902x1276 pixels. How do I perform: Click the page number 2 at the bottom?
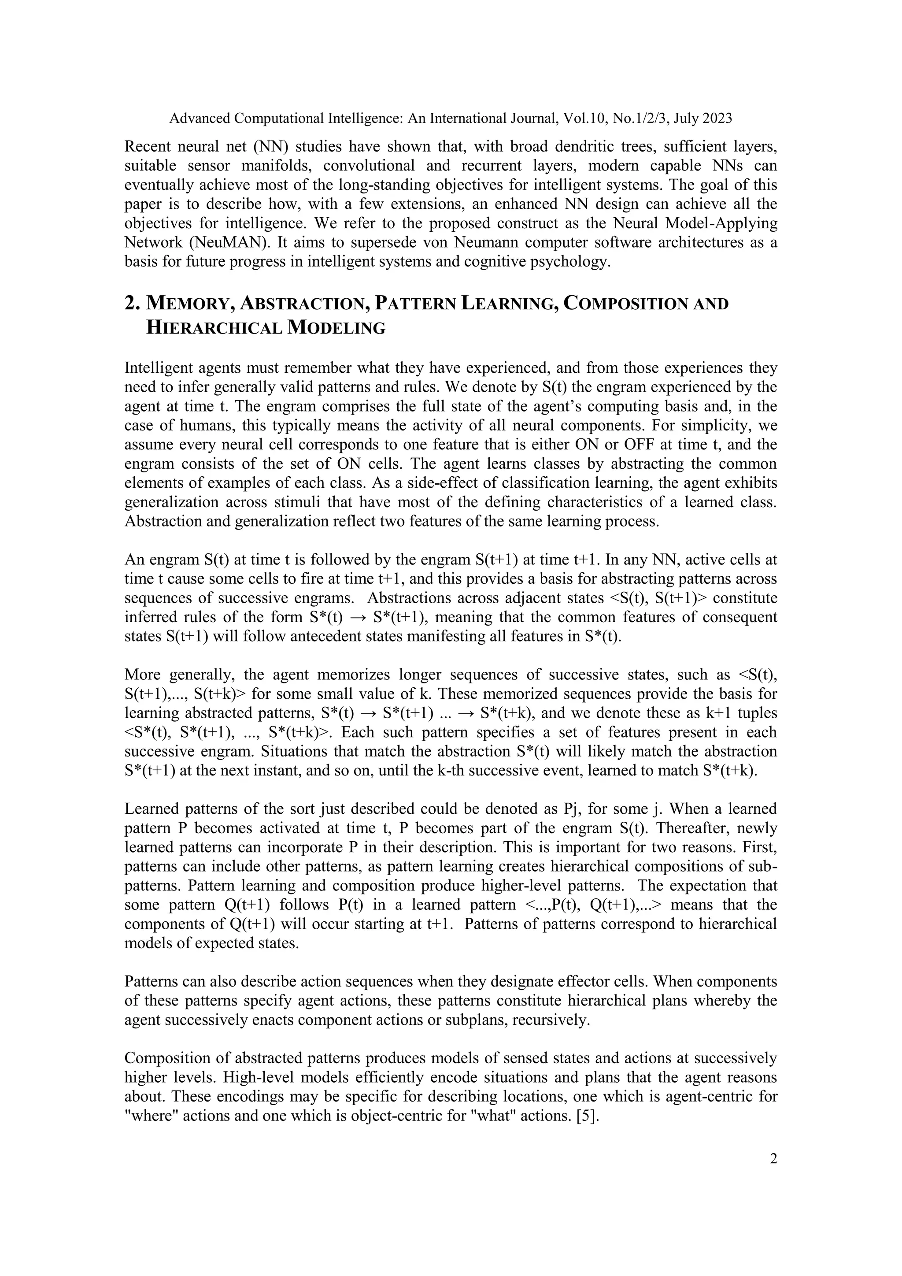click(x=773, y=1159)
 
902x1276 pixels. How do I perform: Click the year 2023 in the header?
click(x=717, y=119)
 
